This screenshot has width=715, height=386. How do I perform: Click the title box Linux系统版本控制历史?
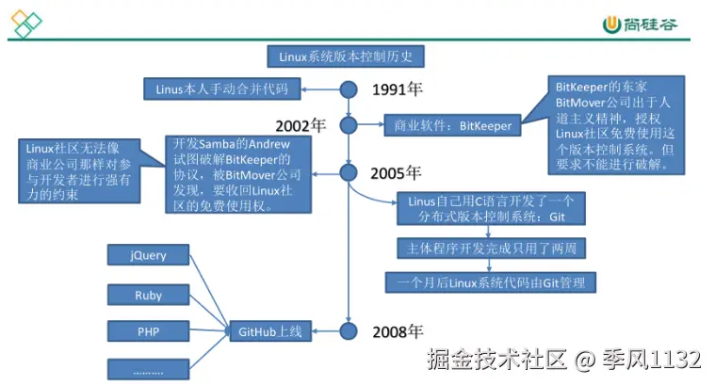tap(346, 56)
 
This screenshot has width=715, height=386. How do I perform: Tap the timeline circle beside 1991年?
tap(349, 89)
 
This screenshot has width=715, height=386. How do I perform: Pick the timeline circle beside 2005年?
tap(349, 172)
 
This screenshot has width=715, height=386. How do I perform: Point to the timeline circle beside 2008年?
tap(349, 330)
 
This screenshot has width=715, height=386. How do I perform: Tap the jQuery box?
tap(149, 255)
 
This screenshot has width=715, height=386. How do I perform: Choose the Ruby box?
tap(149, 295)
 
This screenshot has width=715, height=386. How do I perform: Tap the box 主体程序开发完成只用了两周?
tap(492, 249)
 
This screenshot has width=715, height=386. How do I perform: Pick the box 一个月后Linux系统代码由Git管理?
tap(492, 281)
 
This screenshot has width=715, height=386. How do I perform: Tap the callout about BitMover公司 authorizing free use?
tap(614, 125)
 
